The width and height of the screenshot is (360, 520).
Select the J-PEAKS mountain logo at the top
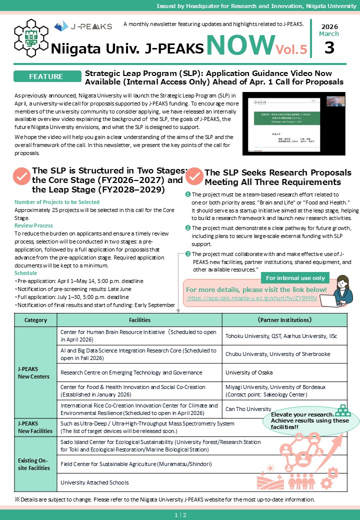click(83, 26)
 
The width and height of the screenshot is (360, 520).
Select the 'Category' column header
click(35, 319)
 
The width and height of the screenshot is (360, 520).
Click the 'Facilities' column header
click(139, 319)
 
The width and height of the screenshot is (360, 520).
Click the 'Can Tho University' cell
click(248, 409)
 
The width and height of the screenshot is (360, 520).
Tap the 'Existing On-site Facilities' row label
click(35, 464)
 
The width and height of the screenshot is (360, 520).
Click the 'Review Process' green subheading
click(34, 225)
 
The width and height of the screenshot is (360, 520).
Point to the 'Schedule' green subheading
click(26, 273)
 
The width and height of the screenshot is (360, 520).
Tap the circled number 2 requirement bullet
click(188, 228)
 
